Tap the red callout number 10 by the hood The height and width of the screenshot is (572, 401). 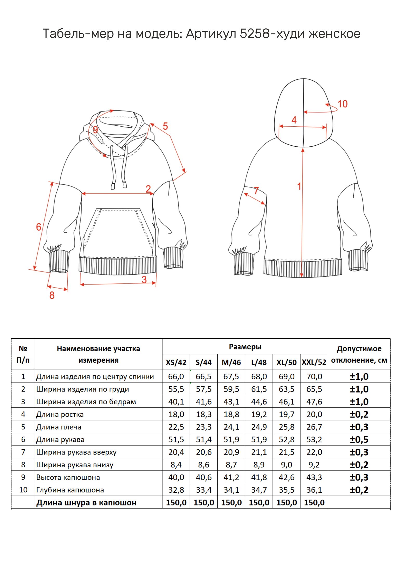342,104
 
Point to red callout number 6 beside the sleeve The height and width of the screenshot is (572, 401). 38,227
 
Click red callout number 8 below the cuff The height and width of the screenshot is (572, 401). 52,295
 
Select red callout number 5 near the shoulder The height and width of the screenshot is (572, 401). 165,126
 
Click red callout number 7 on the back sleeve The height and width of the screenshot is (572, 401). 256,191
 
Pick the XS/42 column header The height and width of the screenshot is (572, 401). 176,362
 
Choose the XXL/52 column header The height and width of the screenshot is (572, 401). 314,362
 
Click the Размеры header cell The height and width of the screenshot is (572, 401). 245,347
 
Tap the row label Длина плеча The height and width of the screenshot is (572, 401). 59,427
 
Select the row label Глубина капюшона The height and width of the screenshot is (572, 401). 70,490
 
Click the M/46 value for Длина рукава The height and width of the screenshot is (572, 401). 231,439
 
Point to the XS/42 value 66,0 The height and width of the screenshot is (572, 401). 176,376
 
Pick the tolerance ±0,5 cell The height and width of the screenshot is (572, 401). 359,439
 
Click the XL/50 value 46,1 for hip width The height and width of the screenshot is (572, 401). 287,402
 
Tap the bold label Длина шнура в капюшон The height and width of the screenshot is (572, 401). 86,503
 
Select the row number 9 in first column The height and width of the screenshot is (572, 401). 23,477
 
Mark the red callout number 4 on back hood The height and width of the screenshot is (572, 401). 294,120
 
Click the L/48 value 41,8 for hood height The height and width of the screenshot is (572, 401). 259,477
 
